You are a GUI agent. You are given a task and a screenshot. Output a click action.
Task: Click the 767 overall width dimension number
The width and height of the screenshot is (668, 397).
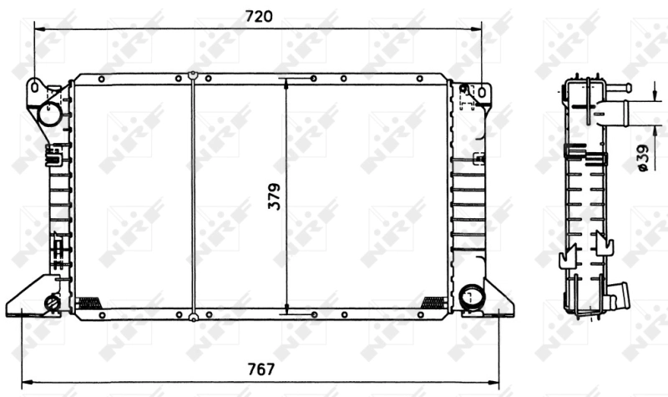[x=261, y=369]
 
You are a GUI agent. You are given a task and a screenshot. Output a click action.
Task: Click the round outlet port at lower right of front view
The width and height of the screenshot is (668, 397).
[x=472, y=296]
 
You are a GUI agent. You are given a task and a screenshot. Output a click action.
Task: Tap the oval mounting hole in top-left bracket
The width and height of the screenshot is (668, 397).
[x=34, y=86]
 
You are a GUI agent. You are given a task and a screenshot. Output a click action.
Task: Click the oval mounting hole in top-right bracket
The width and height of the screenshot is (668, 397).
[x=482, y=89]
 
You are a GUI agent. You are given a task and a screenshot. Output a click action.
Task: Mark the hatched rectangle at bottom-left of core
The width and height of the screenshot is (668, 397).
[x=88, y=302]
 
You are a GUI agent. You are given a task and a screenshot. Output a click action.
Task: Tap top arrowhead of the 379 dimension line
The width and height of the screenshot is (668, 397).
[x=286, y=82]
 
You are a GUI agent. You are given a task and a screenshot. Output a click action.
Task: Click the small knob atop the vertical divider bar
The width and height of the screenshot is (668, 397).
[x=193, y=75]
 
